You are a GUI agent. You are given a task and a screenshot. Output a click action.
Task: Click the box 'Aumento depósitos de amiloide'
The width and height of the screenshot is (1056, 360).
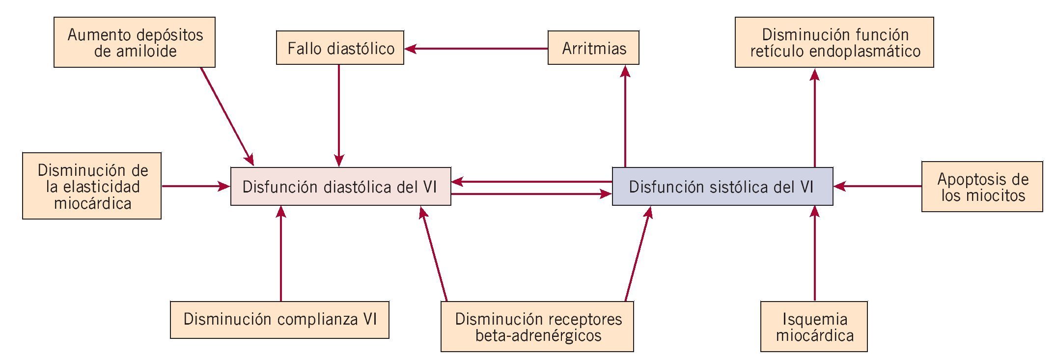pyautogui.click(x=135, y=42)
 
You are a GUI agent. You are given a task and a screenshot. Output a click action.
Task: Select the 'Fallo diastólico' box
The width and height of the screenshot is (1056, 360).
pyautogui.click(x=340, y=48)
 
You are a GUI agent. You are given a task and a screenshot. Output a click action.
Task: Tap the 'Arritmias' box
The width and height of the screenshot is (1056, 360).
pyautogui.click(x=593, y=48)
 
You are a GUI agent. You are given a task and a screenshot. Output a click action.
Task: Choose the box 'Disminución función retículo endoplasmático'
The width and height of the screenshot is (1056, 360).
pyautogui.click(x=834, y=42)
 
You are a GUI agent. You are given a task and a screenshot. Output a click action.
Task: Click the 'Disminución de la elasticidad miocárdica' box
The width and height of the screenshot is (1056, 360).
pyautogui.click(x=92, y=186)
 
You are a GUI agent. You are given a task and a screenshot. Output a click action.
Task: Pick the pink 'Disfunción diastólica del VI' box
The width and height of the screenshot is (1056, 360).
pyautogui.click(x=340, y=186)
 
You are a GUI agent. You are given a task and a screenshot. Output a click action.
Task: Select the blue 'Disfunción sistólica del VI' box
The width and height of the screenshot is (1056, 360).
pyautogui.click(x=722, y=186)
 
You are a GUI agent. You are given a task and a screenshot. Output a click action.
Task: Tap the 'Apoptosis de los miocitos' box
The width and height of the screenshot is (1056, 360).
pyautogui.click(x=982, y=187)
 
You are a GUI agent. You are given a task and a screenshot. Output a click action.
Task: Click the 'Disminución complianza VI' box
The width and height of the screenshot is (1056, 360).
pyautogui.click(x=279, y=320)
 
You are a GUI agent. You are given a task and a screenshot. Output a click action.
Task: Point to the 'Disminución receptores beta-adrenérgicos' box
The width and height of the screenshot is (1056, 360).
pyautogui.click(x=537, y=327)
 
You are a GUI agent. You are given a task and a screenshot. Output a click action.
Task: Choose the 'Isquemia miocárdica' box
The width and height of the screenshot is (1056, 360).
pyautogui.click(x=814, y=327)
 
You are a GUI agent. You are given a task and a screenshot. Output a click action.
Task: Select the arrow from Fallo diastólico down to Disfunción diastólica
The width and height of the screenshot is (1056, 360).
pyautogui.click(x=339, y=115)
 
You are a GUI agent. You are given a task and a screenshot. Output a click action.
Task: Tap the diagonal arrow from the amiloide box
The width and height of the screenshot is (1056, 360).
pyautogui.click(x=227, y=116)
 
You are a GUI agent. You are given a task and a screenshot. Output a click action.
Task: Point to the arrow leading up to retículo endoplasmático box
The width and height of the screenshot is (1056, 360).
pyautogui.click(x=814, y=118)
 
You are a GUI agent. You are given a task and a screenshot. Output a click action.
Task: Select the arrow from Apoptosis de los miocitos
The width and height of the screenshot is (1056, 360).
pyautogui.click(x=877, y=186)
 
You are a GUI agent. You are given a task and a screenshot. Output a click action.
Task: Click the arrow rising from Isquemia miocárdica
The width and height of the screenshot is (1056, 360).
pyautogui.click(x=814, y=253)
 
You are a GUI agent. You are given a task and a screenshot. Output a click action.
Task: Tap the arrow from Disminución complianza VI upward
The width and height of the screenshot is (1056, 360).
pyautogui.click(x=280, y=253)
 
